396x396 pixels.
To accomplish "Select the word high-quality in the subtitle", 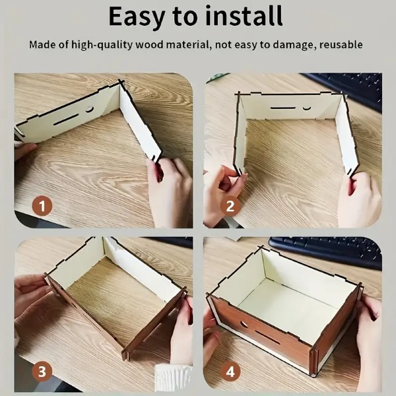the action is (x=102, y=45).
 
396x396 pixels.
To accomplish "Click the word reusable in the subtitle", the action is (x=341, y=44).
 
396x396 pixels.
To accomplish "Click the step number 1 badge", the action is (x=42, y=205).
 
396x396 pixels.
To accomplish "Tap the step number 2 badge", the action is (x=230, y=206).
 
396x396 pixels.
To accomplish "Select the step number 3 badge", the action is (x=42, y=372).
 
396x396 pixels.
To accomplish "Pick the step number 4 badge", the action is (x=230, y=372).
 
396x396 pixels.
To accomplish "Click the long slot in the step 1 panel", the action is (x=66, y=119).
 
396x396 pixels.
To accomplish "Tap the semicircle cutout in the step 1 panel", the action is (x=89, y=110).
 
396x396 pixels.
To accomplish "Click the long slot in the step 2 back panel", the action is (x=282, y=108).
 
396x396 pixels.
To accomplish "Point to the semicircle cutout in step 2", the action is (x=307, y=108).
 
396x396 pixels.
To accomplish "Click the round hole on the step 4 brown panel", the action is (x=244, y=324).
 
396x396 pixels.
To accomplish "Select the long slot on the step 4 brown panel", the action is (x=267, y=337).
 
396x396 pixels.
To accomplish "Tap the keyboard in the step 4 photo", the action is (x=326, y=251).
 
